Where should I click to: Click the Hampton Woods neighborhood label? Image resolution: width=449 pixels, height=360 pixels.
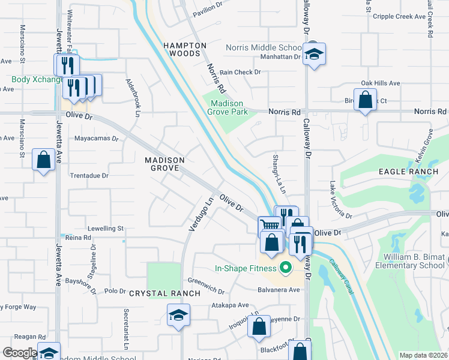pos(186,49)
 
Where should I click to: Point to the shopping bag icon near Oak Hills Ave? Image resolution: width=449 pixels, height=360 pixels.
pos(365,100)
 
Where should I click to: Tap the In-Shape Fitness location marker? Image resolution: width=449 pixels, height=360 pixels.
pos(286,268)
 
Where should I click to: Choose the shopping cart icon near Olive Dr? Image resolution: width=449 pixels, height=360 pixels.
pos(270,226)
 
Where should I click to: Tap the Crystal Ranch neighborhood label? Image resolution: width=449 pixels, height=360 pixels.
pos(164,293)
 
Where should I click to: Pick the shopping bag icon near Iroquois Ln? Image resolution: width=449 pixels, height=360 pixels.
pos(259,327)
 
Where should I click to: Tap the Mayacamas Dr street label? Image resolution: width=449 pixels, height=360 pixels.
pos(97,138)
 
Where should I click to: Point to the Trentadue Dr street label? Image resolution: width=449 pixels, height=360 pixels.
pos(89,176)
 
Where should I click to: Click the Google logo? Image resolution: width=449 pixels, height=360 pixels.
pos(19,353)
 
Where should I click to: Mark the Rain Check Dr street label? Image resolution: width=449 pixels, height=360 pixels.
pos(240,72)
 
